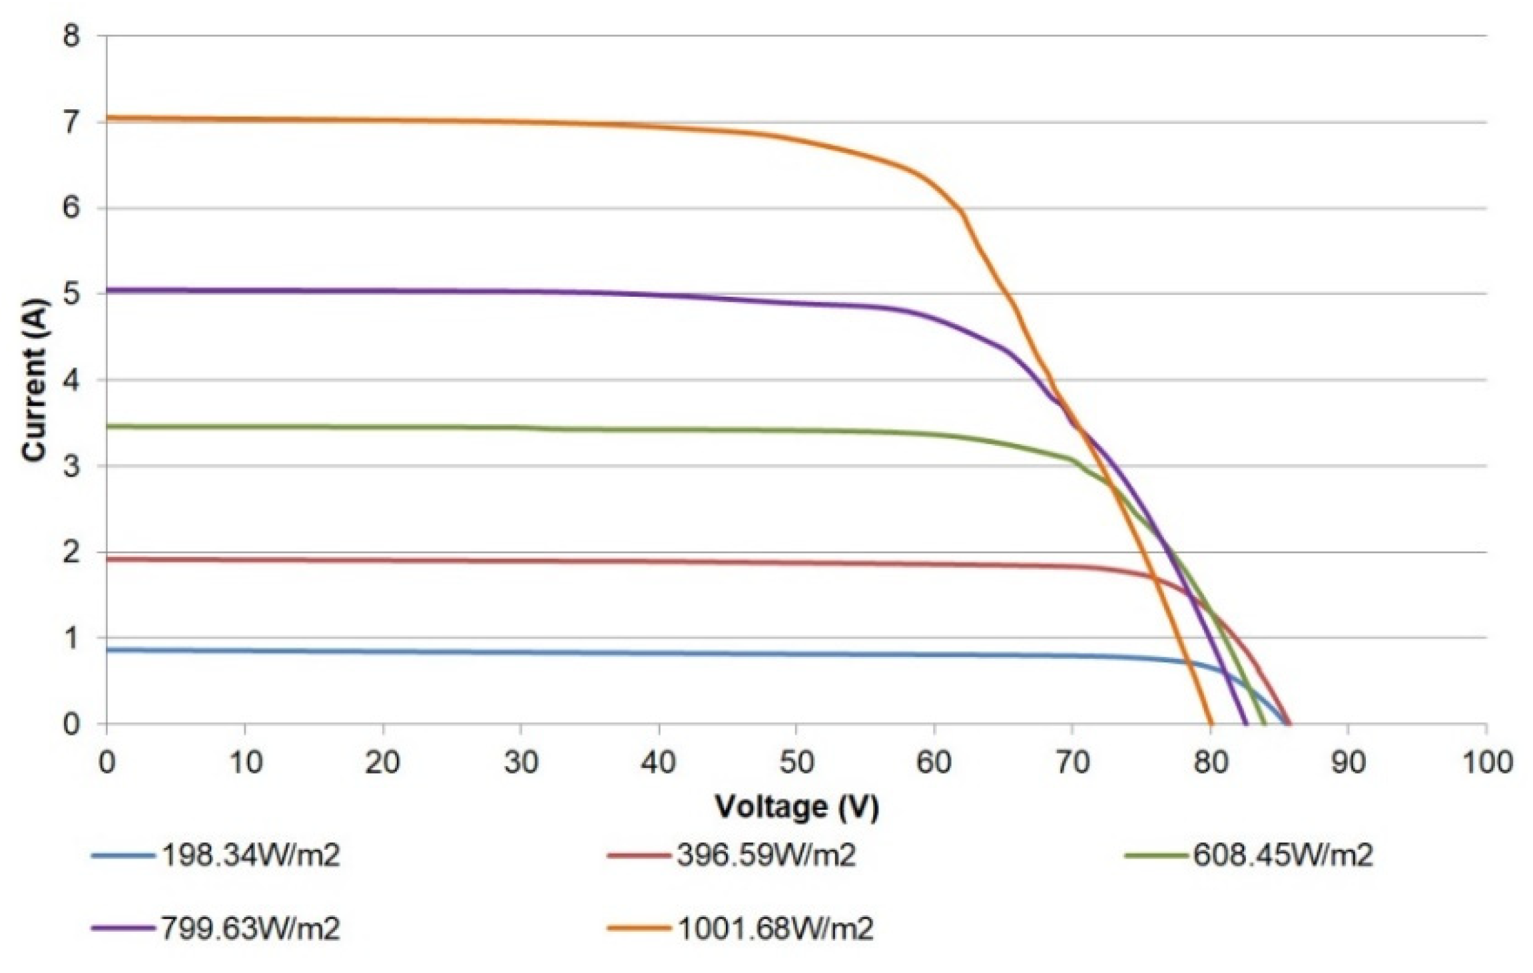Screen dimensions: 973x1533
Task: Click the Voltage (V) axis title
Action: click(x=797, y=807)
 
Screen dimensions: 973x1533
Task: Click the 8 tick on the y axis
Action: click(x=71, y=36)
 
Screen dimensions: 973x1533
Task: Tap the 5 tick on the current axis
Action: click(x=71, y=293)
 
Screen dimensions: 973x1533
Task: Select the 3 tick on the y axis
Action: click(x=71, y=466)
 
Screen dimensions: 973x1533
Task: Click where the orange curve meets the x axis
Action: click(x=1211, y=723)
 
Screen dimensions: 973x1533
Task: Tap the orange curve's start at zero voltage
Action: click(x=108, y=118)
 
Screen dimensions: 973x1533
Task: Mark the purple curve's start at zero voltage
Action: click(x=108, y=290)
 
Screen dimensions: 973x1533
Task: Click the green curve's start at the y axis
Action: click(x=108, y=426)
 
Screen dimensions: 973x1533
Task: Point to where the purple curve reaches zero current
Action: click(x=1246, y=723)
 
